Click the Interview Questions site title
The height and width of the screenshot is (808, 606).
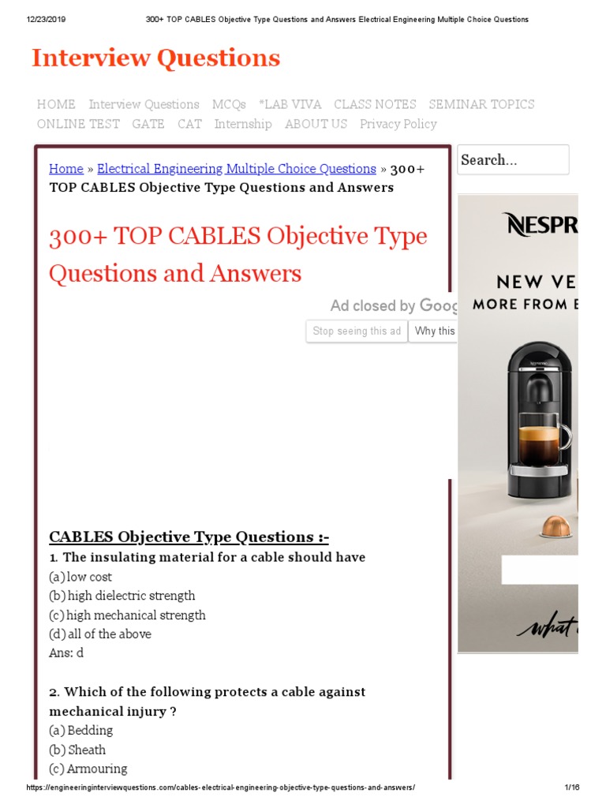click(155, 58)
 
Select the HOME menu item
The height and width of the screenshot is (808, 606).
click(56, 104)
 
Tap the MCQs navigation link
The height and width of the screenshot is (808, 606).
click(229, 104)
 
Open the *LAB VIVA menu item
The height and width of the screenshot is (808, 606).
click(290, 104)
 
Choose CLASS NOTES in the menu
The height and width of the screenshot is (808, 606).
click(375, 104)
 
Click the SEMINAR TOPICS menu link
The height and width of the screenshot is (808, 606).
click(481, 104)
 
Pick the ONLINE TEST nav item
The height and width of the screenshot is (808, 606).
click(78, 124)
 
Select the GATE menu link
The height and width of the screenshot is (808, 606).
click(148, 124)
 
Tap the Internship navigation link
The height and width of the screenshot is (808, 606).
click(243, 124)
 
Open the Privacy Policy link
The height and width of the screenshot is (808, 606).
click(398, 124)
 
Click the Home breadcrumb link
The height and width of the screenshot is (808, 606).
click(66, 169)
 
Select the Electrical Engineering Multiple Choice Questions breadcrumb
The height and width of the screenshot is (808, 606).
click(236, 169)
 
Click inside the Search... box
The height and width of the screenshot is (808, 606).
click(513, 160)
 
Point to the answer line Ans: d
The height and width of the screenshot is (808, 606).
click(66, 653)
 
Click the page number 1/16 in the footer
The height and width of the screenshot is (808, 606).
click(572, 788)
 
